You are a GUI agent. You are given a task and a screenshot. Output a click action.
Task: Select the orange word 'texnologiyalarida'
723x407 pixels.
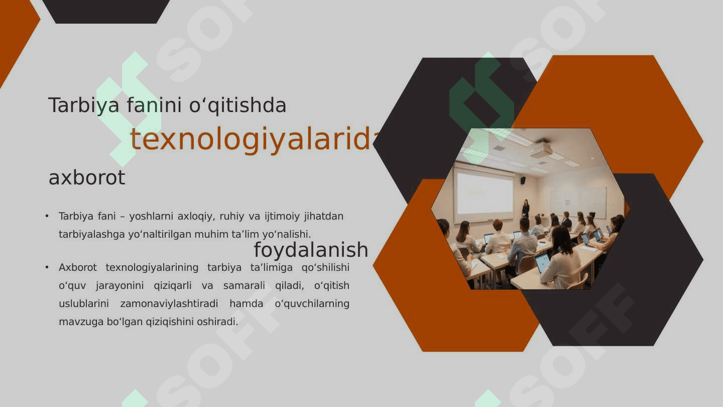252,139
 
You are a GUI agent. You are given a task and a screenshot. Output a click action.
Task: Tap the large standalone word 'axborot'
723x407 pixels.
87,178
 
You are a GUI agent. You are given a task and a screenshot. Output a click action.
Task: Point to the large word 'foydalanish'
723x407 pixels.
311,250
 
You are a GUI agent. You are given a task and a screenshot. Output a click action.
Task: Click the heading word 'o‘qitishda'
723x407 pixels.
237,106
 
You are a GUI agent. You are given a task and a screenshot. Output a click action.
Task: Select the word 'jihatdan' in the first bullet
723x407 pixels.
324,216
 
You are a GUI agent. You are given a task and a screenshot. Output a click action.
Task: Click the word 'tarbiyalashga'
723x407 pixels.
92,234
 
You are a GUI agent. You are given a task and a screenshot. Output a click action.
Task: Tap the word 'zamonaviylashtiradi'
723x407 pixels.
169,303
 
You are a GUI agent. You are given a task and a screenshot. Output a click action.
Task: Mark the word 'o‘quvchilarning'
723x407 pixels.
312,304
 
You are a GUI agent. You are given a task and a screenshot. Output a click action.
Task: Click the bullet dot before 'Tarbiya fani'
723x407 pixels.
47,216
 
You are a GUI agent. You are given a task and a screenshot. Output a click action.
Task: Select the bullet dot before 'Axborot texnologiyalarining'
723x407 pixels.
47,267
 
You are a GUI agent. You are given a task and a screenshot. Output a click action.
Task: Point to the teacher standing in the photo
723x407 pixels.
526,209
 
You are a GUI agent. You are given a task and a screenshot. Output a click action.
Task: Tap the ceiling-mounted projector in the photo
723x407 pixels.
541,148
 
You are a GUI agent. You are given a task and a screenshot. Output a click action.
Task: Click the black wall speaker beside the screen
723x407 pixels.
523,180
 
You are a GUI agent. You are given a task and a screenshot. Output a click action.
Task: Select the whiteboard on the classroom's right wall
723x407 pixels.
578,202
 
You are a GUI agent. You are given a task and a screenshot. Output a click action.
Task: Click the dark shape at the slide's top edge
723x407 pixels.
106,12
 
